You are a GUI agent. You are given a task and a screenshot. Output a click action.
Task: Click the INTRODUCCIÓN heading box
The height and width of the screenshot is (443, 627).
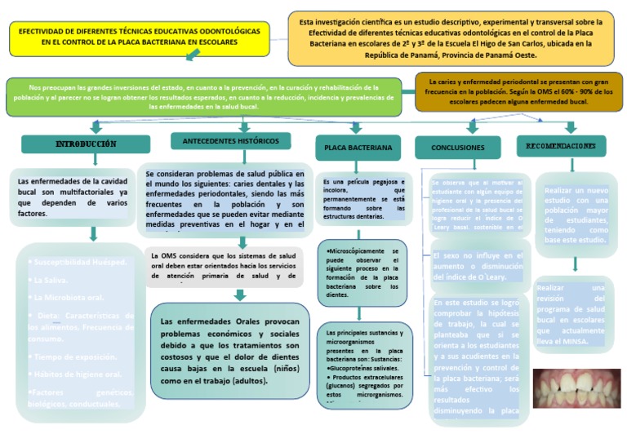85,144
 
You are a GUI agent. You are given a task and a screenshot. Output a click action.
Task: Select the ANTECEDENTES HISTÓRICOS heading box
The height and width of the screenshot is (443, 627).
230,141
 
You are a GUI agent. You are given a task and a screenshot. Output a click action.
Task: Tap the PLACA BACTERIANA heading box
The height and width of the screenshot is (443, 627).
358,148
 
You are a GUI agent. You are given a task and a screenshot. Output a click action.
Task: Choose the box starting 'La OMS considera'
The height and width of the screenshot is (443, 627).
225,266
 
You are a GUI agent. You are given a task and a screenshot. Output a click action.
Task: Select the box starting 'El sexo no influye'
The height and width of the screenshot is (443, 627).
477,266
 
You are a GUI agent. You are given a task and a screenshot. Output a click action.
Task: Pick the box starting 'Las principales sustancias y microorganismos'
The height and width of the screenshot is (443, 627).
364,364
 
